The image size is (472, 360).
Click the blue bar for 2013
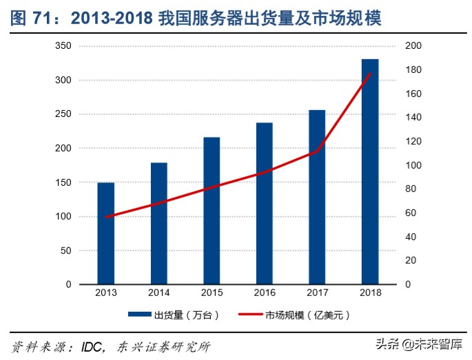pyautogui.click(x=105, y=233)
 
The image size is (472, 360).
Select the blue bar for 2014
pyautogui.click(x=158, y=223)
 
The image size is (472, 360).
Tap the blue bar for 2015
pyautogui.click(x=212, y=211)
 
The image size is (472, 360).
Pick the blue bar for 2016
pyautogui.click(x=265, y=203)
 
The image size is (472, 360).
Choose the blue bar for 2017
pyautogui.click(x=317, y=197)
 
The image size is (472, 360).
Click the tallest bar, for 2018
pyautogui.click(x=370, y=171)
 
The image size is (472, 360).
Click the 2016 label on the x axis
pyautogui.click(x=265, y=293)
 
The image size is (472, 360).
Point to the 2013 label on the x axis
pyautogui.click(x=105, y=293)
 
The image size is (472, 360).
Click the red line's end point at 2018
pyautogui.click(x=370, y=74)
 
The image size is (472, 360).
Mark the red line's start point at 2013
pyautogui.click(x=105, y=217)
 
